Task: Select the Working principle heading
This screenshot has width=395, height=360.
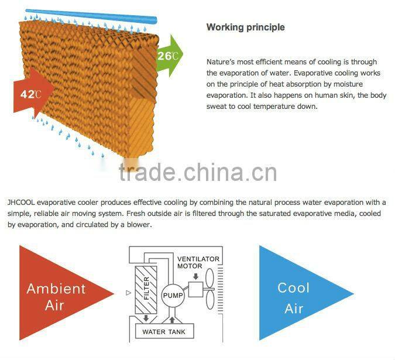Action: click(246, 27)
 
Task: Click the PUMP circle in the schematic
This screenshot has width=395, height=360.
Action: click(173, 296)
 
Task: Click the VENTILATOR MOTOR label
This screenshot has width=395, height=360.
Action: click(198, 262)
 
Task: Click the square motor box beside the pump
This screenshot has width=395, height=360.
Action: click(194, 289)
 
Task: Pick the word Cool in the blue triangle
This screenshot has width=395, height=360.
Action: click(294, 287)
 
